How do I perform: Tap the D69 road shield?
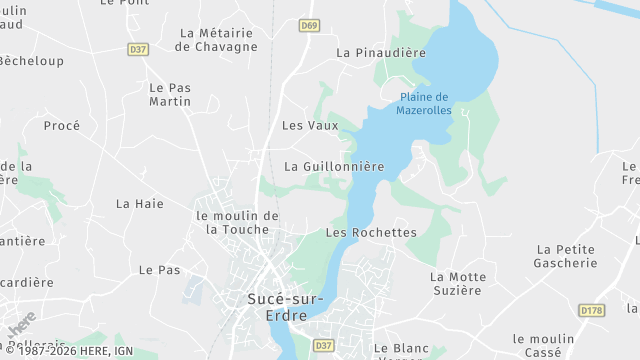(311, 26)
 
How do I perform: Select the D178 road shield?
(592, 311)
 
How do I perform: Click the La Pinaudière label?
(381, 52)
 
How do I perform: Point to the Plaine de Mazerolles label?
(424, 104)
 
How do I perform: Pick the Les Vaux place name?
(310, 126)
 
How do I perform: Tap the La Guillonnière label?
(334, 166)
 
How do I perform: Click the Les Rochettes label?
(371, 232)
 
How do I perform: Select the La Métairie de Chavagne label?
(216, 39)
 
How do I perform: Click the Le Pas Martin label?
(170, 94)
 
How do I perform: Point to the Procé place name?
(62, 126)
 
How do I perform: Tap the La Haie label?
(140, 204)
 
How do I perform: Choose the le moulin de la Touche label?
(237, 222)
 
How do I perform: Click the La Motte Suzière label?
(458, 283)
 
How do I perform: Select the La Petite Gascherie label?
(567, 256)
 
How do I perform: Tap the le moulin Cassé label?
(544, 346)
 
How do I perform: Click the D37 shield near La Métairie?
(138, 48)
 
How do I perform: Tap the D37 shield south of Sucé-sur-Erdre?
(323, 345)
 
